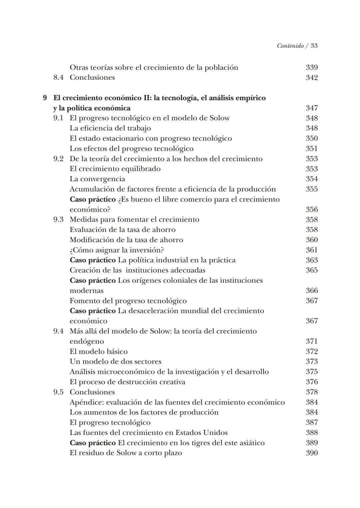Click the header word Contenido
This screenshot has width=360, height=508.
pos(290,46)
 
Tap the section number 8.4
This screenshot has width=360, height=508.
pos(58,77)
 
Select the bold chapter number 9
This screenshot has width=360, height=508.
pos(45,98)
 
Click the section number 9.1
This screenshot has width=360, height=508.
pos(58,118)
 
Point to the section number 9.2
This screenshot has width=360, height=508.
pos(58,159)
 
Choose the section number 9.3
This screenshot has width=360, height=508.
pos(58,219)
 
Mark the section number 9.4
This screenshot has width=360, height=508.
pos(58,331)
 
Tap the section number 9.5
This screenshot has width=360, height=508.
pos(58,392)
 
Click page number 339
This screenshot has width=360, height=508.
pos(312,67)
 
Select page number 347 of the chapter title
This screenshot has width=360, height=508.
pos(312,108)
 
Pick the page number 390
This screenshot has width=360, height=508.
pos(312,453)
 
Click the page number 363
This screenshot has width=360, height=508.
pos(312,260)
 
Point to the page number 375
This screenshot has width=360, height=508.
pos(312,372)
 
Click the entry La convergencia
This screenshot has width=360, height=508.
pos(97,179)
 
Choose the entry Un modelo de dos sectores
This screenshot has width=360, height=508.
pos(115,362)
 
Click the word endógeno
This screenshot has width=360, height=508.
pos(87,342)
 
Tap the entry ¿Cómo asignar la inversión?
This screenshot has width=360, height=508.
pos(117,250)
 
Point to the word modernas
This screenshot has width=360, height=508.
pos(86,291)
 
